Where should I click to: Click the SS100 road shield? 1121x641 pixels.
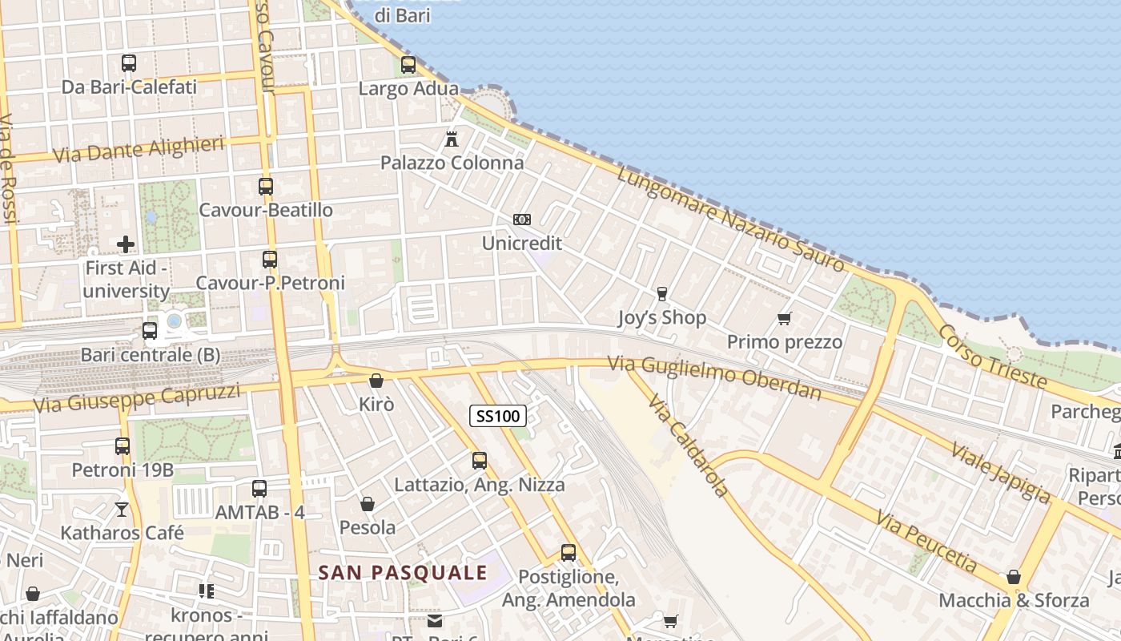497,415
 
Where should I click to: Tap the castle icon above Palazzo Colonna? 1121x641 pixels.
452,139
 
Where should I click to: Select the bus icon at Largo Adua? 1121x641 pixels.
408,65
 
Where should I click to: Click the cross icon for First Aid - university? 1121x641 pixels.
126,244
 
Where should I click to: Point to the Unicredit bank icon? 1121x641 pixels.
521,220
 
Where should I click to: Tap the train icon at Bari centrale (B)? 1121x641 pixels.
150,330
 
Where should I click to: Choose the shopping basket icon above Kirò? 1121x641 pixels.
376,381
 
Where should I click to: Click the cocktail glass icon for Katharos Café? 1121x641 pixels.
122,509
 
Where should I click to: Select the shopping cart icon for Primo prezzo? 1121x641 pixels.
785,319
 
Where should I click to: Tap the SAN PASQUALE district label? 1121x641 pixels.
403,573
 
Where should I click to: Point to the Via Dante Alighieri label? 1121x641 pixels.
138,149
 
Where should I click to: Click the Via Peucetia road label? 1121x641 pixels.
926,542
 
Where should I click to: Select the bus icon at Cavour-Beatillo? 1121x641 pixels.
266,187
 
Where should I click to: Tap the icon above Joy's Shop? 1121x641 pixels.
662,294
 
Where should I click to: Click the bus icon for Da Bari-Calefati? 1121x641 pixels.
129,62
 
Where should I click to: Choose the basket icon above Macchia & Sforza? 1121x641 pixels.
1014,577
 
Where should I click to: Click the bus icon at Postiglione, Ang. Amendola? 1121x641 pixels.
569,553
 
